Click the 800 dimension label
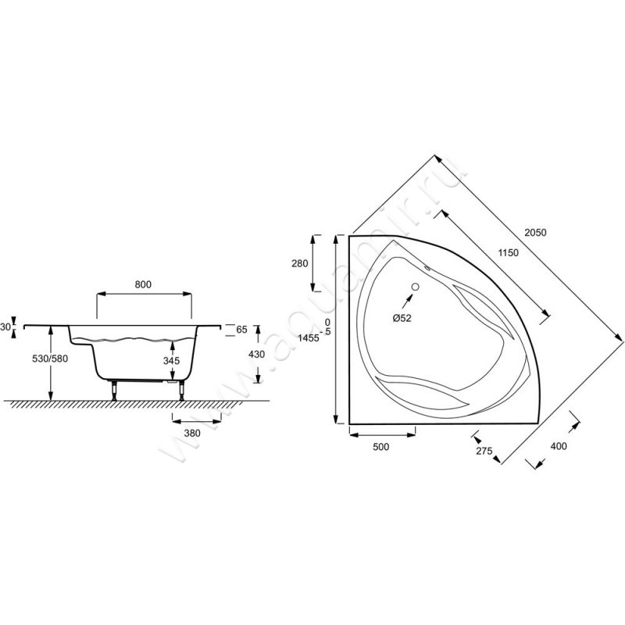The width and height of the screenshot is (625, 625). point(143,284)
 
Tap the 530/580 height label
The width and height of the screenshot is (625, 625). point(50,359)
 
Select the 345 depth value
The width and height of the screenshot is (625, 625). point(171,361)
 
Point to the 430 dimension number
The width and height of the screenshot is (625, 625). point(256,354)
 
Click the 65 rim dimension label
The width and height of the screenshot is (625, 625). point(241,330)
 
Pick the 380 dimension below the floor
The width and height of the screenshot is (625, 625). point(192,434)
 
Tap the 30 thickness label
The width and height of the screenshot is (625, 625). point(5,327)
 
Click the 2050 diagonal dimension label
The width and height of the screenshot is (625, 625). point(535,232)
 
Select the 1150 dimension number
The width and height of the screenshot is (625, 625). point(509,252)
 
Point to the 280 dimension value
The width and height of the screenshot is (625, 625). point(300,263)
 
